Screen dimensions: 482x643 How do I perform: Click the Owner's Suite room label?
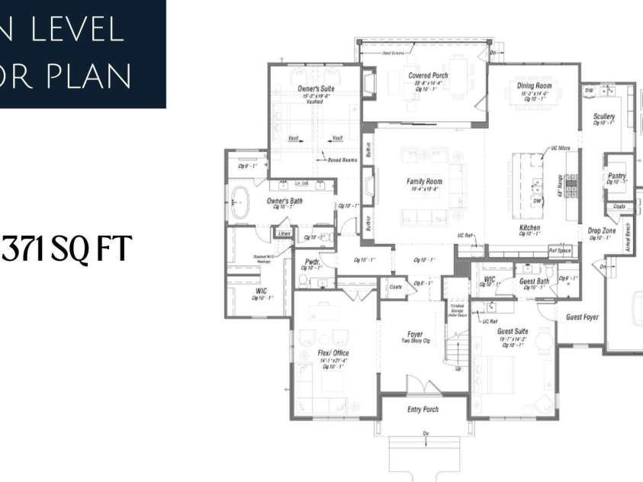click(313, 88)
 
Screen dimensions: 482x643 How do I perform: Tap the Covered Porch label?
click(427, 76)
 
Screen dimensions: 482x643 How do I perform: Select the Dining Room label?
click(534, 86)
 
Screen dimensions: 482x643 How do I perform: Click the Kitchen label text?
click(529, 228)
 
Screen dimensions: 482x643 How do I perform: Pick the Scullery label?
click(604, 116)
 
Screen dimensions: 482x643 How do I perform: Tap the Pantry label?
click(618, 175)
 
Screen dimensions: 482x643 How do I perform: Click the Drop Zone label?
click(601, 230)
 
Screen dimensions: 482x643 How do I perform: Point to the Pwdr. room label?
click(311, 261)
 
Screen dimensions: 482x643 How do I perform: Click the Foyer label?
click(414, 334)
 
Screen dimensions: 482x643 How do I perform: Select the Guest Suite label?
click(512, 332)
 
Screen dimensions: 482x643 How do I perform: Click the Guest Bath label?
click(535, 281)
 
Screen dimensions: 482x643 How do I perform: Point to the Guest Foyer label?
click(582, 317)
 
